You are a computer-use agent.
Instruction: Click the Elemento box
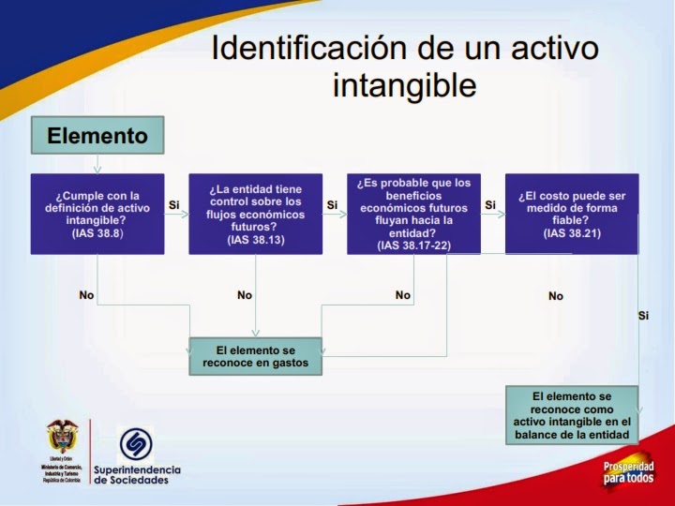97,135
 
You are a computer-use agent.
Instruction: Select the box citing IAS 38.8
97,214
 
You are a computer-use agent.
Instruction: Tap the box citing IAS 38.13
255,214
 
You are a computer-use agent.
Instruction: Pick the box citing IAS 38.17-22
413,214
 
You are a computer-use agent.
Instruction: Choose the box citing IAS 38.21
571,214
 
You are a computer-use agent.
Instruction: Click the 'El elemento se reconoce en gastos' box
255,356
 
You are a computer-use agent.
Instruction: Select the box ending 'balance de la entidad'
572,416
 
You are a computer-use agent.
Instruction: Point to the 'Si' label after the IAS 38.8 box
173,204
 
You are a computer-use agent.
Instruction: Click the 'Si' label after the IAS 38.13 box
332,204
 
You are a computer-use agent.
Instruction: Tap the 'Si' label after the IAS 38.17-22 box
489,204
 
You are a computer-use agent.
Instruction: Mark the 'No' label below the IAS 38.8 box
86,295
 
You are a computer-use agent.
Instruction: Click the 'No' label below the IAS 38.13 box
245,295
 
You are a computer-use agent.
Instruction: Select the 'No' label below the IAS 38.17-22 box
403,295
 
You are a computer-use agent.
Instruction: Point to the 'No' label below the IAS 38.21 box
556,296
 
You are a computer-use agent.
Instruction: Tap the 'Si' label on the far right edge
643,316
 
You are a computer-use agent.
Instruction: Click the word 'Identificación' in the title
295,49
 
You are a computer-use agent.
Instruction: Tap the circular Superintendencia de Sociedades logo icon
136,444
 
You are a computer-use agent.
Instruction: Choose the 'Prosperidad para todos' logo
627,472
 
